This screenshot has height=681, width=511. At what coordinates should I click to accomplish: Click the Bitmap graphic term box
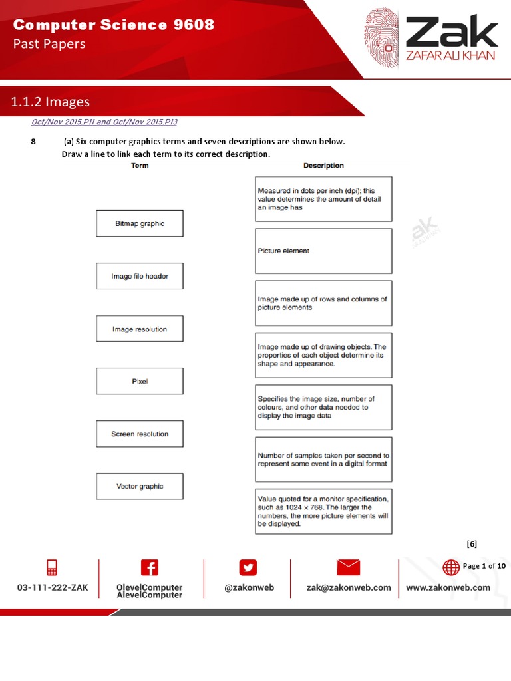click(x=140, y=223)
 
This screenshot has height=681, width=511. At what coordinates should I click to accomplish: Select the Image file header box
click(x=140, y=276)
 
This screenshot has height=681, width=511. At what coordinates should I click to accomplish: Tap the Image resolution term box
click(x=140, y=329)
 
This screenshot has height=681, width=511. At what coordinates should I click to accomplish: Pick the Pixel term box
click(x=140, y=381)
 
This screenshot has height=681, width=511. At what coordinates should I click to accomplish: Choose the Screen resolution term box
click(x=140, y=434)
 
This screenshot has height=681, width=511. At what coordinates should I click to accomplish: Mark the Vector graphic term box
click(x=140, y=486)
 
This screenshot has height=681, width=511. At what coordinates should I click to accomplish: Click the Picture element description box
click(x=323, y=251)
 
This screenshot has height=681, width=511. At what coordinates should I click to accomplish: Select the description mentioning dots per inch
click(x=323, y=199)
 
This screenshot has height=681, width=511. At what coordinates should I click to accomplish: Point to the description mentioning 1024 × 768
click(x=323, y=511)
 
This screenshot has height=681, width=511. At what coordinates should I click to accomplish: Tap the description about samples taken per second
click(x=323, y=460)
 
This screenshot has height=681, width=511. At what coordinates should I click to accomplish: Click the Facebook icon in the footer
click(x=150, y=567)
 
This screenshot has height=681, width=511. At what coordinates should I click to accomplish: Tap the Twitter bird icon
click(x=248, y=567)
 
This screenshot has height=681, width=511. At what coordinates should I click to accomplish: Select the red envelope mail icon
click(x=348, y=567)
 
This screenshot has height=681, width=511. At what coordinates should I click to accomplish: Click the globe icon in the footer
click(x=451, y=567)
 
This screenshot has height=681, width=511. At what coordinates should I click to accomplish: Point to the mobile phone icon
click(x=52, y=567)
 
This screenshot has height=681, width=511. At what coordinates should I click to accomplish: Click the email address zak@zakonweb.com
click(x=348, y=587)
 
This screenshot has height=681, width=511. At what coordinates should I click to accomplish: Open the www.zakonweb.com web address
click(x=448, y=587)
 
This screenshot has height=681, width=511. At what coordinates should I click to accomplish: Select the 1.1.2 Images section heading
click(x=51, y=102)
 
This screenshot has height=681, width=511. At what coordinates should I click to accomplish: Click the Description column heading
click(x=323, y=166)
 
